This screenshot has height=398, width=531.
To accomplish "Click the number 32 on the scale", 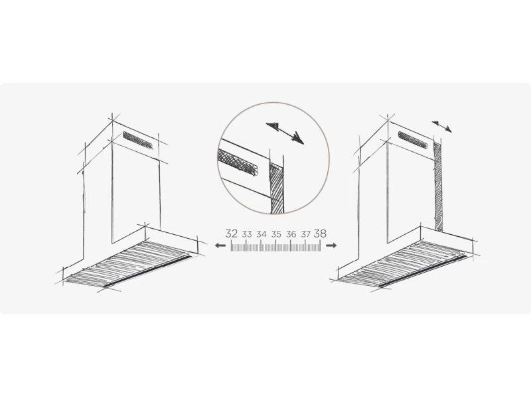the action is [x=231, y=233].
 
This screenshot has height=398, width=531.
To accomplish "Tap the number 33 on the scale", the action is [x=247, y=234].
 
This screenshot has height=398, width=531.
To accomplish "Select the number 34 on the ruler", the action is [x=262, y=234].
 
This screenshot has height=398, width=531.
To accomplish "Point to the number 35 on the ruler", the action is [x=276, y=234].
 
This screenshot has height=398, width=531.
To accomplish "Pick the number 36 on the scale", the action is [x=291, y=234].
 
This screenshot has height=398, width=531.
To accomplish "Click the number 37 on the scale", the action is [x=306, y=234].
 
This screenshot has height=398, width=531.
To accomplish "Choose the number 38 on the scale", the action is [x=321, y=233].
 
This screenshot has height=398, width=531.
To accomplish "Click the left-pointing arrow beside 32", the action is [x=220, y=245].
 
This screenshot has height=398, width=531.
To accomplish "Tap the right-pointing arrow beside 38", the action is [x=331, y=245].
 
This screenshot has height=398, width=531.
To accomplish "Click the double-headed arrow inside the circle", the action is [x=285, y=133].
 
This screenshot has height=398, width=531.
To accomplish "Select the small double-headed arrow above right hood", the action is [x=441, y=126].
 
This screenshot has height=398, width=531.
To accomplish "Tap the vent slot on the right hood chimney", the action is [x=414, y=140].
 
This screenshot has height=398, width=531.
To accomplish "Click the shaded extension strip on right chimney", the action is [x=438, y=187].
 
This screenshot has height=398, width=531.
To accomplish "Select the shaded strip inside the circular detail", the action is [x=277, y=188].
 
